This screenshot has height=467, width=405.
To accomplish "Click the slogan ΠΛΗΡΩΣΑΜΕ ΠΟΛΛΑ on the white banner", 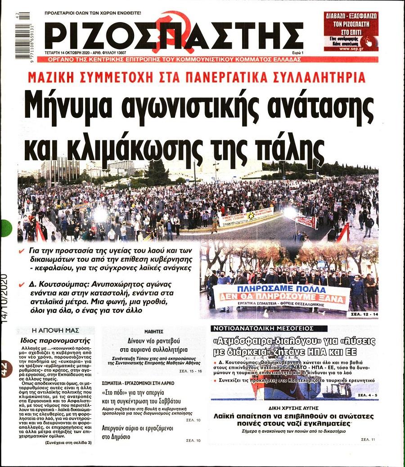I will pos(282,289).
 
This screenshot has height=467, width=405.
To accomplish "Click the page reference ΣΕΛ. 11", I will pos(368,439).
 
